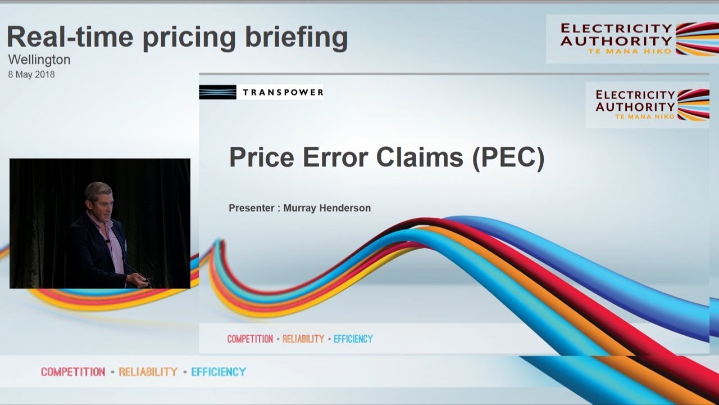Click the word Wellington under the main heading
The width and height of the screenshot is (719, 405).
coord(39,60)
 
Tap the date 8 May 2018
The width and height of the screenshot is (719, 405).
coord(31,74)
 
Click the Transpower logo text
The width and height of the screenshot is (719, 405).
coord(283,92)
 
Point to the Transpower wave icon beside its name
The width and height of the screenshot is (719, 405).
coord(217,92)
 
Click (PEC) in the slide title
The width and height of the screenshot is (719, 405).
coord(508,157)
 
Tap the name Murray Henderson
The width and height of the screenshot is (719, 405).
coord(327,208)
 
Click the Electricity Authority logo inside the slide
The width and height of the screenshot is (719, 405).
coord(646,105)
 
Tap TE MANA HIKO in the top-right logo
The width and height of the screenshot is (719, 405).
coord(629,51)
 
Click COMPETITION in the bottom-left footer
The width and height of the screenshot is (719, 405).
coord(73,372)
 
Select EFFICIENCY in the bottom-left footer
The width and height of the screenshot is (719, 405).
coord(219,372)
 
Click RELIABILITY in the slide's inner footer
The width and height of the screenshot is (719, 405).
coord(303,339)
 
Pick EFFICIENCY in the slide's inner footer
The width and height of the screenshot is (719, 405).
coord(353,339)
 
